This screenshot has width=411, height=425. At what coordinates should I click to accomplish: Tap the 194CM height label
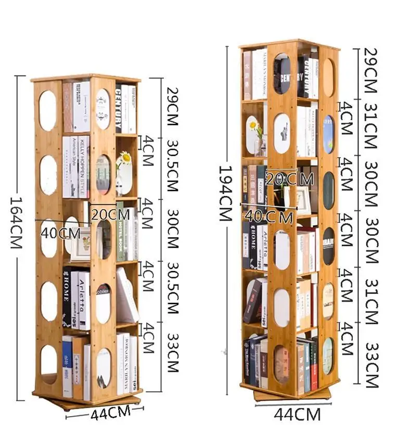(x=224, y=194)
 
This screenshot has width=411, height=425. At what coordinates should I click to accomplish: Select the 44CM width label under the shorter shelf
(x=110, y=414)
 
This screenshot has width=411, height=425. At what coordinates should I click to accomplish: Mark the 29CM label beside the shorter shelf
(x=170, y=105)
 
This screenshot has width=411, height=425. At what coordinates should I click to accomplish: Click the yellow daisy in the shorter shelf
(x=125, y=158)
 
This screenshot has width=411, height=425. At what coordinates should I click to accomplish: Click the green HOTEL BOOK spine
(x=120, y=231)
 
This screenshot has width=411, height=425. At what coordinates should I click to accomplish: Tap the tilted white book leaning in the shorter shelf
(x=126, y=294)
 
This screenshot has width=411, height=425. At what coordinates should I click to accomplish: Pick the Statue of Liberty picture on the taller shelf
(x=282, y=133)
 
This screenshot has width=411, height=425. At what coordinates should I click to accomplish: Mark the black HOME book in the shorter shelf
(x=67, y=297)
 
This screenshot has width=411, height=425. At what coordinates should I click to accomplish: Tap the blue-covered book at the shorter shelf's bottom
(x=67, y=364)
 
